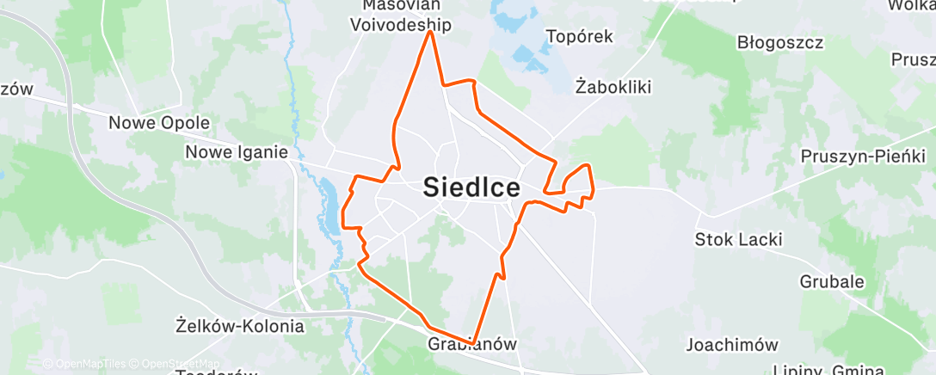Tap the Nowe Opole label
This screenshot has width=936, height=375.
[x=159, y=123]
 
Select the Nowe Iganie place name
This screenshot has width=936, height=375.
[x=237, y=152]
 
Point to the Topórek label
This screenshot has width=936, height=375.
[x=581, y=36]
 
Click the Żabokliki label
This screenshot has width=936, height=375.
[x=614, y=86]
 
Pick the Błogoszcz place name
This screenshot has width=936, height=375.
[x=780, y=42]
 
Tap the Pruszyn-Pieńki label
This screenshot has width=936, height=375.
[x=862, y=156]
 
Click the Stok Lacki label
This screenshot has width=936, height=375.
[x=739, y=239]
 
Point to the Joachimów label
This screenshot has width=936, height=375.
[x=731, y=345]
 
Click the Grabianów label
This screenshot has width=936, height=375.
[x=472, y=344]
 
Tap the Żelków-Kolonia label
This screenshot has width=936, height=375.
[x=239, y=326]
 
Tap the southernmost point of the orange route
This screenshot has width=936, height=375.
[x=471, y=343]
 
